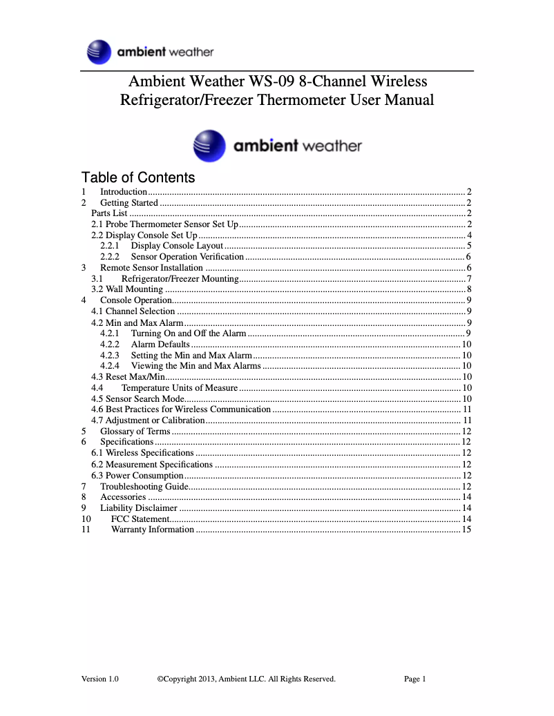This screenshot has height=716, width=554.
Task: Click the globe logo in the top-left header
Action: pyautogui.click(x=99, y=52)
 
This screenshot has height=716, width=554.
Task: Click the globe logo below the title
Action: pyautogui.click(x=209, y=146)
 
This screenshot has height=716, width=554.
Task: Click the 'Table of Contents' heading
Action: pyautogui.click(x=138, y=177)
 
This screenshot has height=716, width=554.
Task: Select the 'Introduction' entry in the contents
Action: pyautogui.click(x=124, y=192)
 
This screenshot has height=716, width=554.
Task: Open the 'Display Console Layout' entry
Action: pyautogui.click(x=177, y=246)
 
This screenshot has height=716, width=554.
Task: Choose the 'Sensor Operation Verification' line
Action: pyautogui.click(x=187, y=257)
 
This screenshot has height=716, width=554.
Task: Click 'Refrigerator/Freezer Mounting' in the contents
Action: pyautogui.click(x=180, y=278)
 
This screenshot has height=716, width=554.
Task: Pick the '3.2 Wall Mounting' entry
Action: pyautogui.click(x=127, y=289)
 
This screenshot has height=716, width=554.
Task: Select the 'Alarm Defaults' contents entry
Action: pyautogui.click(x=160, y=344)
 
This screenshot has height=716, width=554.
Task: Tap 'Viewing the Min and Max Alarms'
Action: pyautogui.click(x=196, y=366)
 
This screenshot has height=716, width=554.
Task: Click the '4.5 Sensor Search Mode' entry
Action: pyautogui.click(x=137, y=398)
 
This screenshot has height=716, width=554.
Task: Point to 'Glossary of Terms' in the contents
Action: pyautogui.click(x=135, y=431)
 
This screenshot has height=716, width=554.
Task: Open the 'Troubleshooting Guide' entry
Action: pyautogui.click(x=144, y=486)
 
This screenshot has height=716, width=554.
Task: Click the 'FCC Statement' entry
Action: pyautogui.click(x=140, y=519)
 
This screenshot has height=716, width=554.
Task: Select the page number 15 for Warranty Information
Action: pyautogui.click(x=466, y=530)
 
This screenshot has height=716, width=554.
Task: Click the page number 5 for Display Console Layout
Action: pyautogui.click(x=468, y=246)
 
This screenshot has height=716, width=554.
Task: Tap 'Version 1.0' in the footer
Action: pyautogui.click(x=99, y=679)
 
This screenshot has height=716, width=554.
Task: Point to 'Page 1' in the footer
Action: pyautogui.click(x=415, y=679)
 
